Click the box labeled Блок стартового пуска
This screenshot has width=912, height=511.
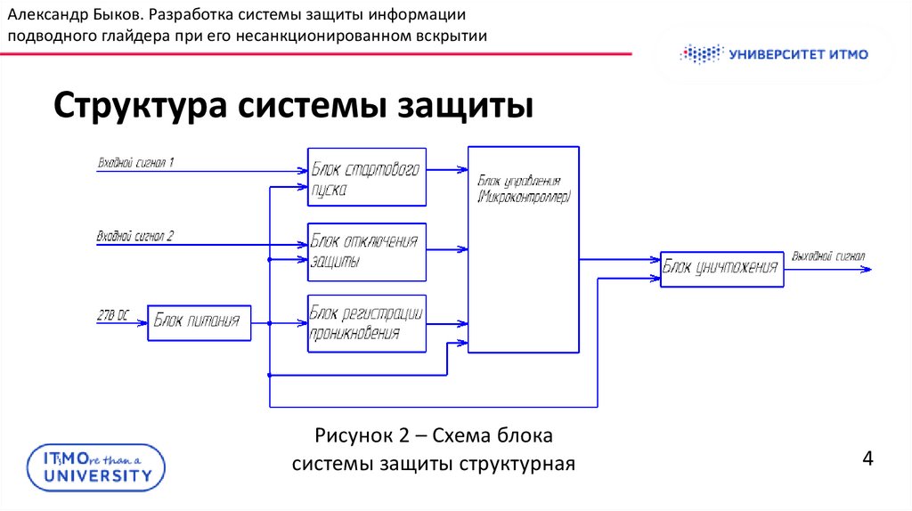367,176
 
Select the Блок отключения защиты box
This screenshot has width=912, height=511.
367,252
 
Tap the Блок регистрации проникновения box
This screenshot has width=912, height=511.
367,323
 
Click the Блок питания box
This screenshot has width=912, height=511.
199,322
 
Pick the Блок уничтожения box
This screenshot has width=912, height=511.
722,268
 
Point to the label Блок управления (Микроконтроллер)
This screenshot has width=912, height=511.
524,187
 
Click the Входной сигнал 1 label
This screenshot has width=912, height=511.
135,163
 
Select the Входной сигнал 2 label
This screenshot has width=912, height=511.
135,237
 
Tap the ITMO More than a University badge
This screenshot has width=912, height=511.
96,466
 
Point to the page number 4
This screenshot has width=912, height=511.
867,459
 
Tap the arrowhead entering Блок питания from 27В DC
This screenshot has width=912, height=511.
142,322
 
